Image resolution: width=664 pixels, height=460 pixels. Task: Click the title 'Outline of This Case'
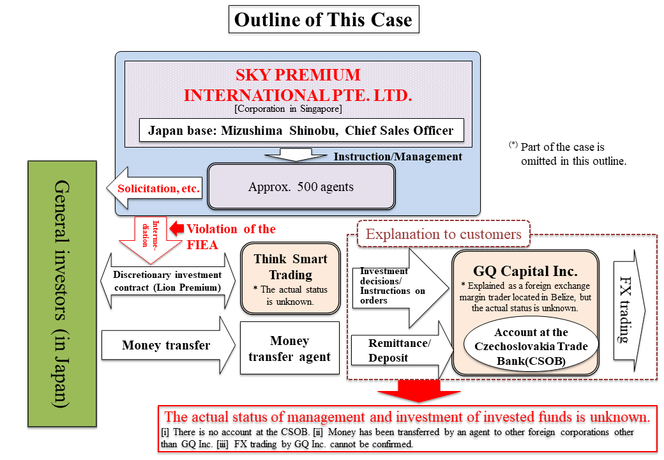point(323,20)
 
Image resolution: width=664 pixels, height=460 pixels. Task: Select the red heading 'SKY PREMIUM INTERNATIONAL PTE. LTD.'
point(298,86)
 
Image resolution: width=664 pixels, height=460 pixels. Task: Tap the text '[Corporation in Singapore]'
point(288,109)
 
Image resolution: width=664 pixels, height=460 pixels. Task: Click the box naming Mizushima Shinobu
point(301,130)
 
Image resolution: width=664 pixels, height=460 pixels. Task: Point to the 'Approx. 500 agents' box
point(301,187)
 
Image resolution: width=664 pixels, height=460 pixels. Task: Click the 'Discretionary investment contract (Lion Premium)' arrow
point(167,280)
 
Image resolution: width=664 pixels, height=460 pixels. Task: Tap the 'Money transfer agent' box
point(289,349)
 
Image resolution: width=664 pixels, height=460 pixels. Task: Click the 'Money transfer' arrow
point(167,346)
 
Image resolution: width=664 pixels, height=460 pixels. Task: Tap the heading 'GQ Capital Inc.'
point(525,271)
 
